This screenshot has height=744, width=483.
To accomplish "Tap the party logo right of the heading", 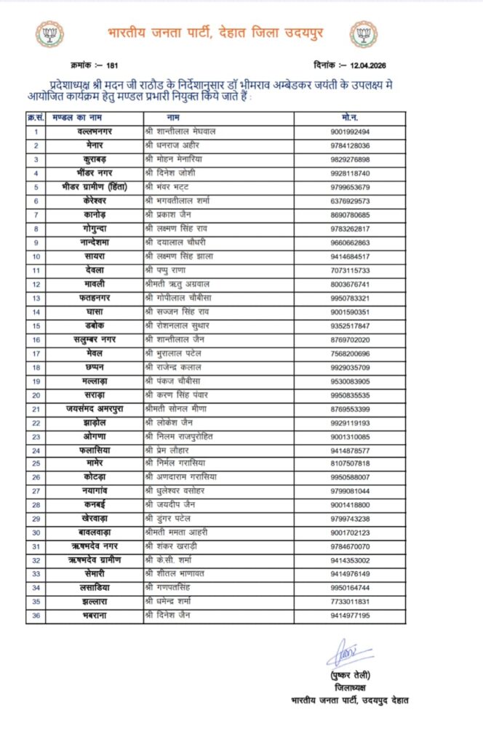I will [x=363, y=33].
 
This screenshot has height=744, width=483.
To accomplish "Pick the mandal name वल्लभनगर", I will [x=95, y=132].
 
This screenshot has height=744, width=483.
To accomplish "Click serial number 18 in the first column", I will [x=36, y=367].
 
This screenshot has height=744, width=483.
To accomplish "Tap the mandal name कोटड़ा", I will [x=95, y=477].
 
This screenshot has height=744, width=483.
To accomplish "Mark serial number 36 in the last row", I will [x=36, y=615].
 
